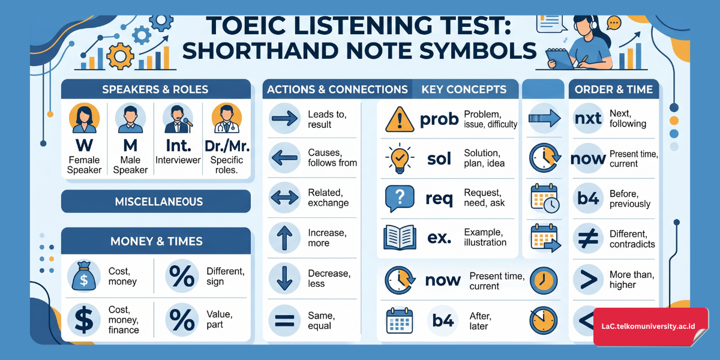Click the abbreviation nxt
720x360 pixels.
pos(587,118)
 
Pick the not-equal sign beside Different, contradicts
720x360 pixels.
pos(587,238)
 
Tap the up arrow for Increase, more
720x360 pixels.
pos(285,238)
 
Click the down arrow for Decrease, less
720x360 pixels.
pos(285,278)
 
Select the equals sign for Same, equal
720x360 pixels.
pos(285,319)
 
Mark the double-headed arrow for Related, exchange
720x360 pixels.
pos(285,197)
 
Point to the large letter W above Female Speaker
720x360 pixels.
pos(83,145)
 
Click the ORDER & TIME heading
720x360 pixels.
pos(613,89)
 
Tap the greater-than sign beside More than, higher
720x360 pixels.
pos(587,279)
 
